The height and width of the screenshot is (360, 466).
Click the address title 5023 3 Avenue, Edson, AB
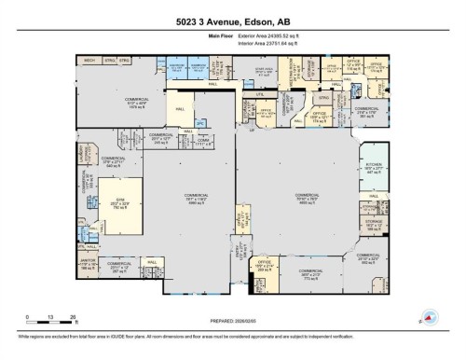coord(232,9)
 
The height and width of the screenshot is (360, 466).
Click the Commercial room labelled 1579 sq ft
coord(116,104)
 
